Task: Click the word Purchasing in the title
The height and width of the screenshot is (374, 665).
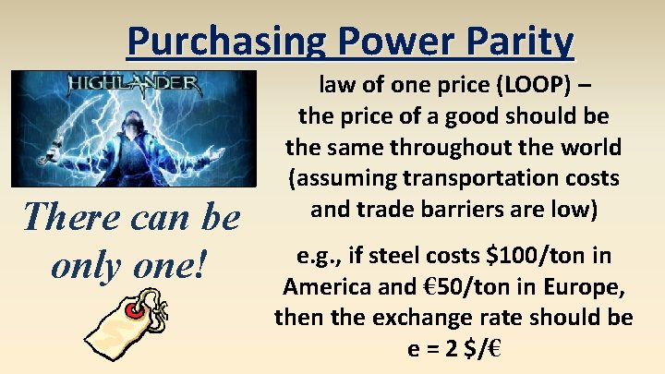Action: [227, 42]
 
